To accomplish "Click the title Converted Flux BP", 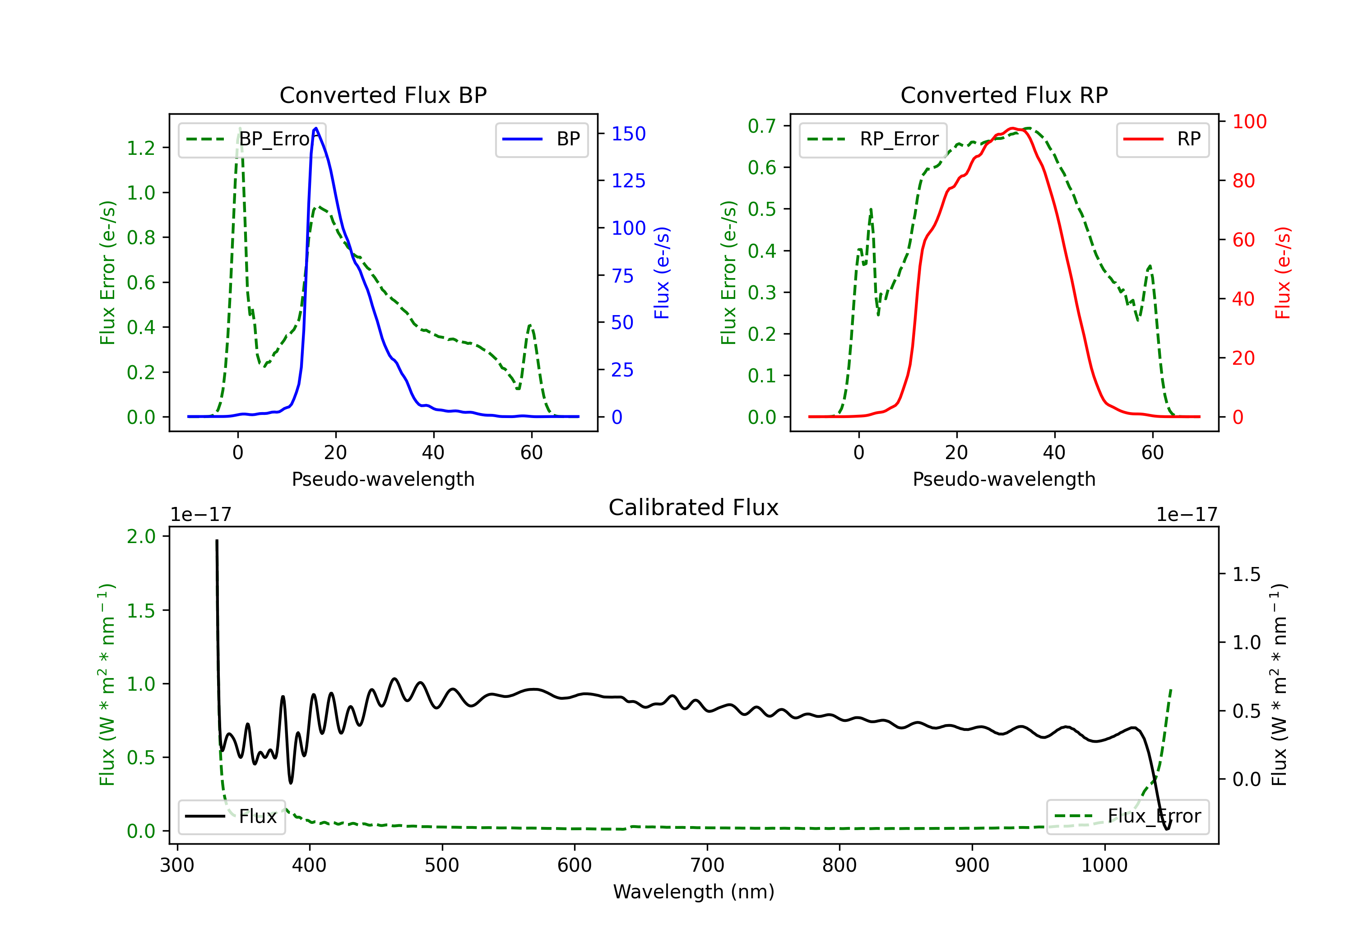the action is point(383,95).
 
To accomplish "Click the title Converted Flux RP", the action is point(1004,95).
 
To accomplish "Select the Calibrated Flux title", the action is point(694,507).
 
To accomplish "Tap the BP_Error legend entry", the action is point(252,139).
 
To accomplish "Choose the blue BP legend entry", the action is point(541,139).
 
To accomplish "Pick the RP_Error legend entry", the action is point(873,139).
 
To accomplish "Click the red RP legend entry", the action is point(1162,139).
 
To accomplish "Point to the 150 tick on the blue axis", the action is point(629,134).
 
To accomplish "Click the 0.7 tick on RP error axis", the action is point(762,125).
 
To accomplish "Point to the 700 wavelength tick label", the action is point(707,865).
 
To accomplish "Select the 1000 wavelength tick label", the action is point(1104,865).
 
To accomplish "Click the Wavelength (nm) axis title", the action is point(694,892).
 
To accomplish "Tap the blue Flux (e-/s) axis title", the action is point(662,273).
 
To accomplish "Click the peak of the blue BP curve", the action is point(316,128).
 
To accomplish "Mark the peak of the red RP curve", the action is point(1012,128).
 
